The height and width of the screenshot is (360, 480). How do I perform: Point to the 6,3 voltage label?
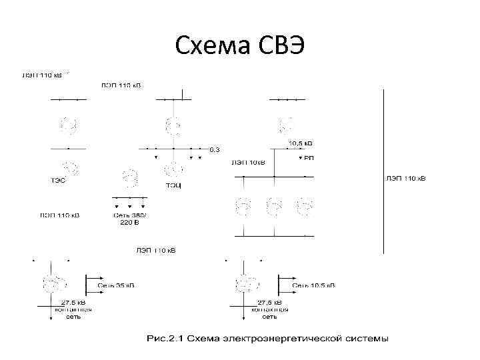[215, 149]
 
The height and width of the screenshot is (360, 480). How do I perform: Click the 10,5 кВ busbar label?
[300, 143]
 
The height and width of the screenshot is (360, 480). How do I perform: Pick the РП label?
[309, 158]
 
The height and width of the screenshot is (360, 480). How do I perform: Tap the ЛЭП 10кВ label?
[248, 161]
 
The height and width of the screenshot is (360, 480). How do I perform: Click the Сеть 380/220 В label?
[130, 219]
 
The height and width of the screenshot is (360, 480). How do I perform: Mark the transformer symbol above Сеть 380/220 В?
[130, 178]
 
